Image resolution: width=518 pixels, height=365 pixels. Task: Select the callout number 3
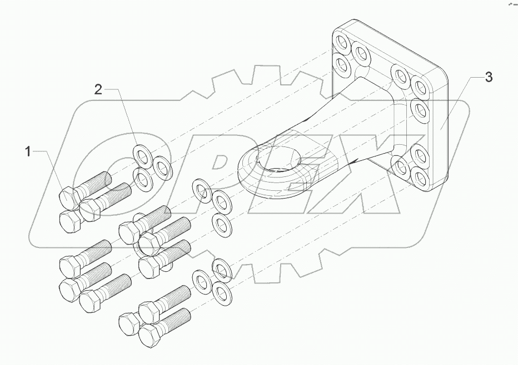(488, 78)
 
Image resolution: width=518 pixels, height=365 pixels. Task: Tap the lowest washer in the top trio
(144, 179)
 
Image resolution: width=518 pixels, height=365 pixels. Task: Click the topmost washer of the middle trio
(201, 189)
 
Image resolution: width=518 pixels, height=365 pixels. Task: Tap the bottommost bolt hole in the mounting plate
(420, 178)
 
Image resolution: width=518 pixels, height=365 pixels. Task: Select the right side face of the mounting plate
(441, 128)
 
